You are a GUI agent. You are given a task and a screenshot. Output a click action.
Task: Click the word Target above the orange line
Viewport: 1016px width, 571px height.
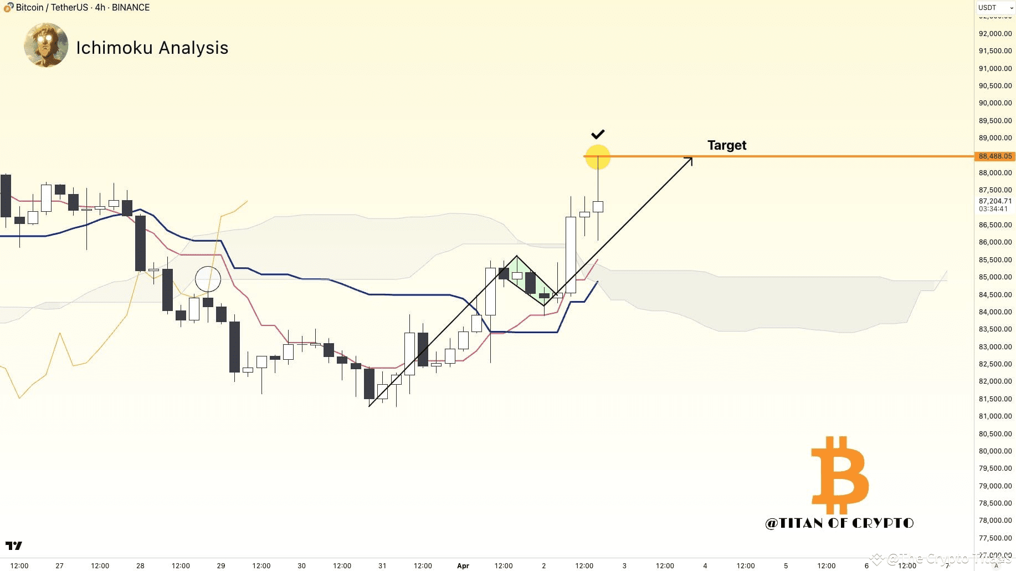(x=726, y=145)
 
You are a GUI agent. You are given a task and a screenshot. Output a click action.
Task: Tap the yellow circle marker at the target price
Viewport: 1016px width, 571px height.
(x=597, y=157)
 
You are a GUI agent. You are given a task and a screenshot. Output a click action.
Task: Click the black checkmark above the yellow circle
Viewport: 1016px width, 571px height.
(x=597, y=134)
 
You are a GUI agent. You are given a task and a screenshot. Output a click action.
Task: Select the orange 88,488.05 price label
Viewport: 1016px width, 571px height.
(x=994, y=156)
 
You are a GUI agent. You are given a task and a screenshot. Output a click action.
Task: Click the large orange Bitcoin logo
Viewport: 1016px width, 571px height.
(x=839, y=475)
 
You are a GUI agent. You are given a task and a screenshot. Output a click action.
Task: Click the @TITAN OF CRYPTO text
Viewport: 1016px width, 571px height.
(x=839, y=523)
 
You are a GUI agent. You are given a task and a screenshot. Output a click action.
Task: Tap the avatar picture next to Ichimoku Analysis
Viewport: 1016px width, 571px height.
(x=46, y=45)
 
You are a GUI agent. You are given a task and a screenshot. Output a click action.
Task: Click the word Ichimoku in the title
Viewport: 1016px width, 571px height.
(x=114, y=48)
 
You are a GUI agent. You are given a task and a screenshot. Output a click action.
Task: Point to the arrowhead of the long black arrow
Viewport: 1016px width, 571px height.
(x=689, y=160)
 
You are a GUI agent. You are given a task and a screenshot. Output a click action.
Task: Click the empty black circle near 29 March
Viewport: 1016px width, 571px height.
(x=208, y=279)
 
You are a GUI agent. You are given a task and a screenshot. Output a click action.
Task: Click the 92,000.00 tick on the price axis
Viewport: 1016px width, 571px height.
(x=994, y=34)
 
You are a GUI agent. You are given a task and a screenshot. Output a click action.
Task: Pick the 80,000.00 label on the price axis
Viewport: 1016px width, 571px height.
(x=994, y=451)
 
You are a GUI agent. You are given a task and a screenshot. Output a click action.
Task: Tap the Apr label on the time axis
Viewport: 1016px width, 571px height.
(x=463, y=565)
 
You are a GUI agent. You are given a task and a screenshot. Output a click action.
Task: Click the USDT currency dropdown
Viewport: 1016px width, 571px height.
(x=994, y=8)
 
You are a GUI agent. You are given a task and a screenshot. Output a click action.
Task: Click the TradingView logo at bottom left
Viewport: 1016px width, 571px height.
(x=14, y=545)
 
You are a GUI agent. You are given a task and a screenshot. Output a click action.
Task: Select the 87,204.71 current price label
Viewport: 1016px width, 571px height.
(x=994, y=201)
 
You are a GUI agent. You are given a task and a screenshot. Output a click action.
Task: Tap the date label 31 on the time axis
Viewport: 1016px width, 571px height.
(x=382, y=565)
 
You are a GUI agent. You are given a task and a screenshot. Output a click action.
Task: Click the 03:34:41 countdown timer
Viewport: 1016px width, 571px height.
(x=993, y=209)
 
